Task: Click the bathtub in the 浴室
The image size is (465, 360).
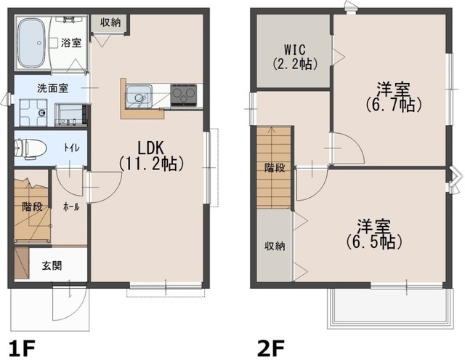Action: click(31, 43)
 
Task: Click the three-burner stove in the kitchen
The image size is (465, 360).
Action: click(184, 95)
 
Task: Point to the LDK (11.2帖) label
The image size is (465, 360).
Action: click(151, 156)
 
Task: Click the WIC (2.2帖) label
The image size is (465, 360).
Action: click(295, 57)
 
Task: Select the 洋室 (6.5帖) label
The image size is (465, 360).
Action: click(373, 234)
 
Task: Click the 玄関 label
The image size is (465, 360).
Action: click(52, 265)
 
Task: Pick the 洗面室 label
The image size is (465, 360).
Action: click(52, 88)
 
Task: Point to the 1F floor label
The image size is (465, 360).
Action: click(22, 348)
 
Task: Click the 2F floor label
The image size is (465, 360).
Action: click(271, 348)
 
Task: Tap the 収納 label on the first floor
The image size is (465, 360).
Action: click(110, 23)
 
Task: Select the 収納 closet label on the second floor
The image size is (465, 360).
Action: click(275, 246)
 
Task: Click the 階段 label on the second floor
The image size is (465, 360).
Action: click(275, 168)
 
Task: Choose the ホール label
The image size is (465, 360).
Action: click(71, 207)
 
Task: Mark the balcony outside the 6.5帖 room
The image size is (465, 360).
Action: click(390, 308)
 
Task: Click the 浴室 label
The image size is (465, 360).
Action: click(71, 43)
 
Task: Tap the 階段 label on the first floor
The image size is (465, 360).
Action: click(32, 207)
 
